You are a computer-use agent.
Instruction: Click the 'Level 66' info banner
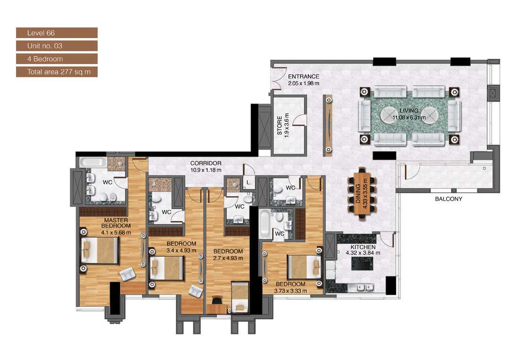coord(57,33)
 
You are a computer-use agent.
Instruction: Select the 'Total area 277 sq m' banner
coord(57,72)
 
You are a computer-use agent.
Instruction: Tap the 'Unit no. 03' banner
coord(57,46)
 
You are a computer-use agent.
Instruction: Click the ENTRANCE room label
coord(304,77)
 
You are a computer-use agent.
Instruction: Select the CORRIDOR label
coord(206,164)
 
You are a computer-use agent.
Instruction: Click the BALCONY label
coord(449,199)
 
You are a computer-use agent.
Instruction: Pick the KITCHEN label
coord(363,247)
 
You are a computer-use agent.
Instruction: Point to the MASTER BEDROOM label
coord(115,223)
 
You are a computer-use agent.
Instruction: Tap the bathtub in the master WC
coord(93,163)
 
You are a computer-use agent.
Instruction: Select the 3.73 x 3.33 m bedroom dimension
coord(291,291)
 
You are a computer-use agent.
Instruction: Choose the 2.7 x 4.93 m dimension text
coord(228,258)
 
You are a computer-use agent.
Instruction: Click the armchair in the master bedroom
coord(127,273)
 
